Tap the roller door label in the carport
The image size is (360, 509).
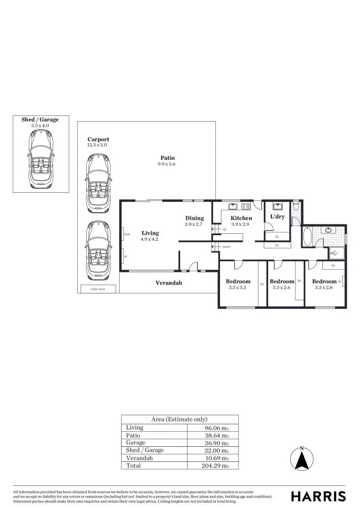[x=98, y=289]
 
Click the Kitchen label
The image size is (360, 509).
[x=241, y=218]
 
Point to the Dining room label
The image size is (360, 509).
[x=194, y=218]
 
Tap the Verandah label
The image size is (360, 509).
[x=169, y=283]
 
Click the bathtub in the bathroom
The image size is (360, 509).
[x=307, y=237]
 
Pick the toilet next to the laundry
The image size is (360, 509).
[x=295, y=206]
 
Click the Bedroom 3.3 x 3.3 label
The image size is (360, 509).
[x=238, y=281]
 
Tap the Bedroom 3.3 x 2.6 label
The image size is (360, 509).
[x=282, y=281]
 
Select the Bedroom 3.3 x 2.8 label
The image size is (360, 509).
[x=324, y=281]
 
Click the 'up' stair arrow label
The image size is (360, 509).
[x=224, y=229]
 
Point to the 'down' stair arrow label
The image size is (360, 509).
[x=226, y=246]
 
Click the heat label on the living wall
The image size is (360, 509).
[x=127, y=234]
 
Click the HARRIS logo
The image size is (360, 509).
[x=318, y=496]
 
